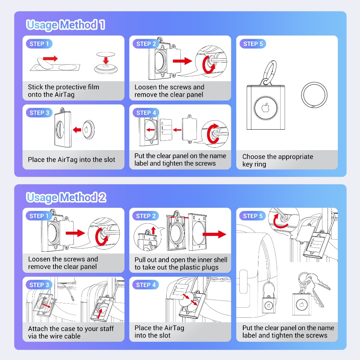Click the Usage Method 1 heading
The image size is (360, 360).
coord(66,25)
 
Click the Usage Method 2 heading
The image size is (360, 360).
coord(66,197)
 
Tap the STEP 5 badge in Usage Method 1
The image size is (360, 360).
coord(253,44)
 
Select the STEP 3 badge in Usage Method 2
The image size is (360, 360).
coord(39,285)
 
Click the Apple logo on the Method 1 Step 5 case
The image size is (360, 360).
coord(266,108)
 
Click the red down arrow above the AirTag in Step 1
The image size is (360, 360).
coord(105,60)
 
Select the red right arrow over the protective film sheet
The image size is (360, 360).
coord(50,58)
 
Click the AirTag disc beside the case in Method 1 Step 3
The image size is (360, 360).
coord(88,129)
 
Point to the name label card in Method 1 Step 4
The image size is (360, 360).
coord(166,130)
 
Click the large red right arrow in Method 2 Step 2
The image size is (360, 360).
coord(214,234)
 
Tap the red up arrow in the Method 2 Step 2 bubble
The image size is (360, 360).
coord(153,230)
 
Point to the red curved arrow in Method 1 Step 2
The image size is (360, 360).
coord(208,65)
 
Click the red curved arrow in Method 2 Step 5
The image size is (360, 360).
coord(278,221)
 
